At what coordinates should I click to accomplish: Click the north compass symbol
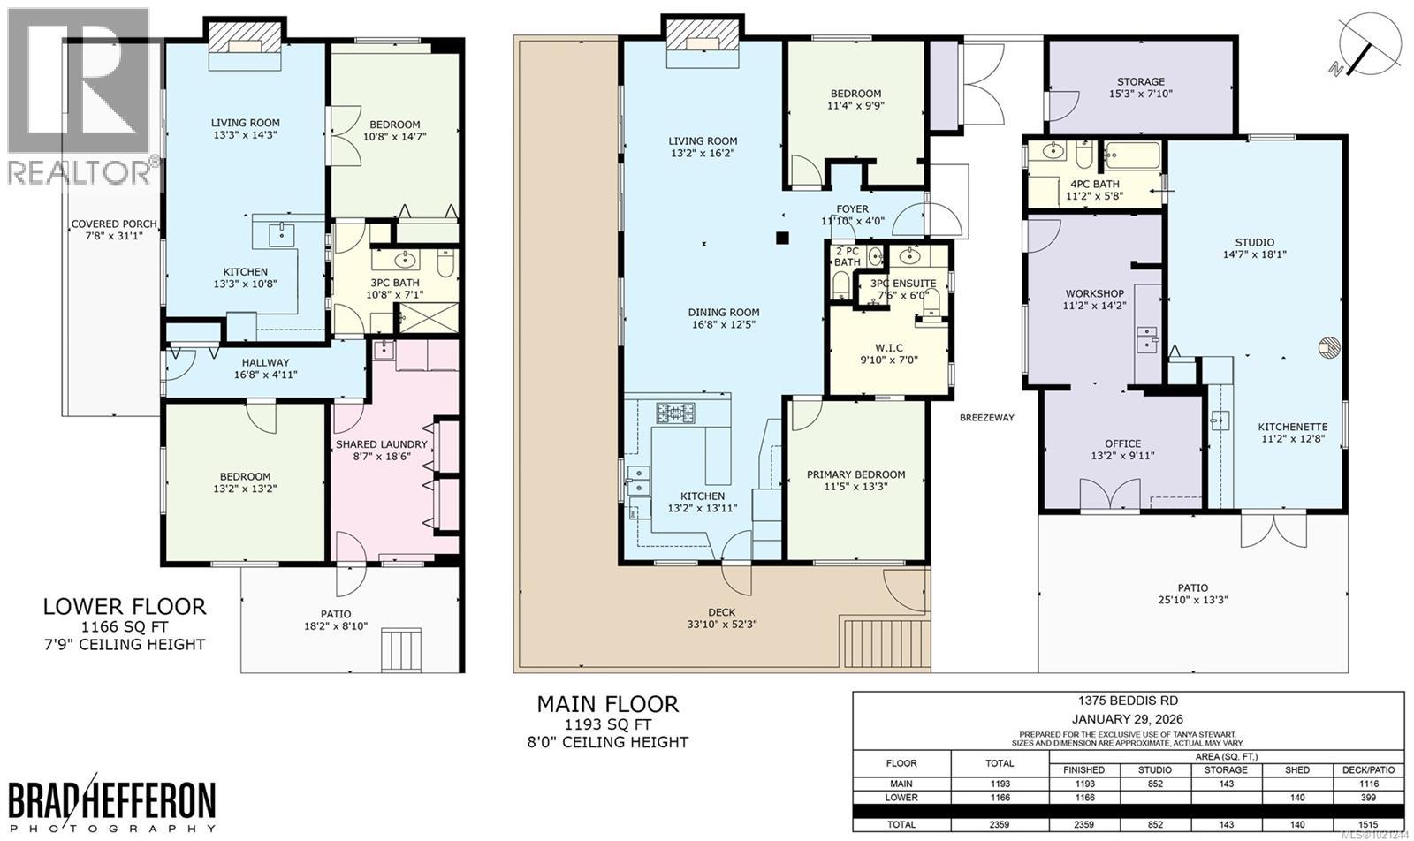pos(1368,42)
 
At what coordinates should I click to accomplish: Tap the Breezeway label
pos(986,418)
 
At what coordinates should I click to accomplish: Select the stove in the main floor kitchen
pos(676,412)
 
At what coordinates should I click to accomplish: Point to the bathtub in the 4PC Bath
pos(1131,156)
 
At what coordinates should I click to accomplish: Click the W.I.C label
pos(876,346)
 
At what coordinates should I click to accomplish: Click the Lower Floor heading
pos(125,607)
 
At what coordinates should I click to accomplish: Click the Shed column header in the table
pos(1297,770)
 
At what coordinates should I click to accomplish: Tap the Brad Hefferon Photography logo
pos(113,804)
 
